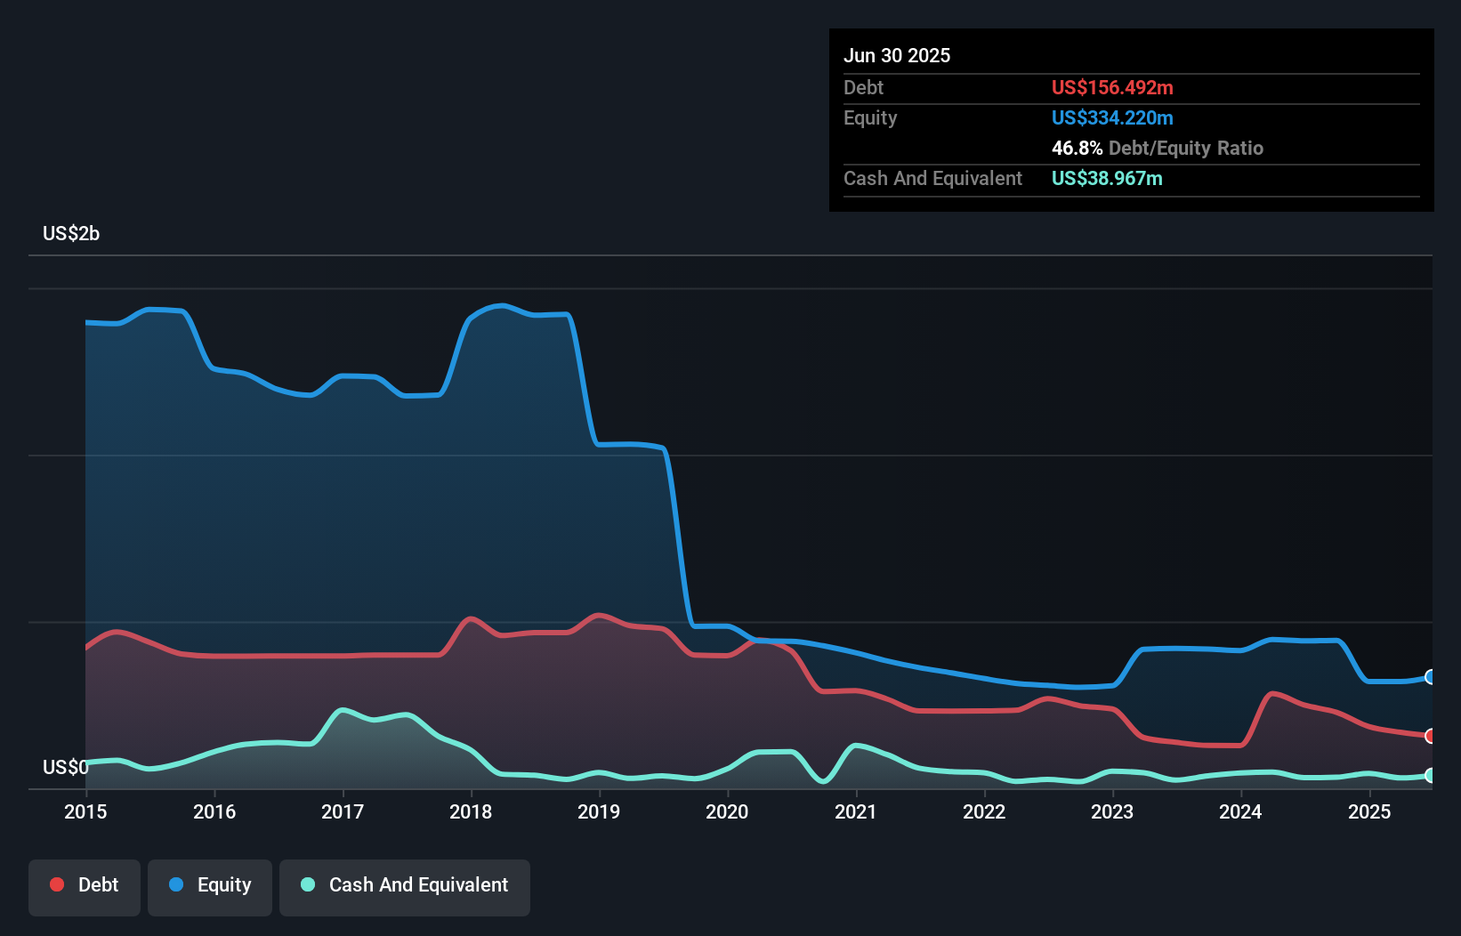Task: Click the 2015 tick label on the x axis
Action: click(85, 811)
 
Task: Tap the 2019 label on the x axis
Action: click(599, 811)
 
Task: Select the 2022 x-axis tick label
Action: click(984, 811)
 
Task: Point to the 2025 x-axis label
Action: click(1369, 811)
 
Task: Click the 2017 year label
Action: click(343, 811)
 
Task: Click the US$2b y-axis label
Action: click(71, 234)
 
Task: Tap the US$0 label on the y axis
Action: click(65, 767)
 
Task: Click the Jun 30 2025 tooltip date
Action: click(897, 55)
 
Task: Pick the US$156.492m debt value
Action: click(1112, 87)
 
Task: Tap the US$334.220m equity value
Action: click(1112, 117)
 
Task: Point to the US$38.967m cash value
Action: click(1107, 178)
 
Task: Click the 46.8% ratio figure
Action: click(1077, 148)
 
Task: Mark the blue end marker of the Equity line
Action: click(1430, 677)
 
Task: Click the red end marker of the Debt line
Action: click(1430, 736)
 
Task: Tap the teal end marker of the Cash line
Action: click(1430, 775)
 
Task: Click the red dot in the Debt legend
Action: click(57, 884)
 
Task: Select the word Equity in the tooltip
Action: click(870, 117)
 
